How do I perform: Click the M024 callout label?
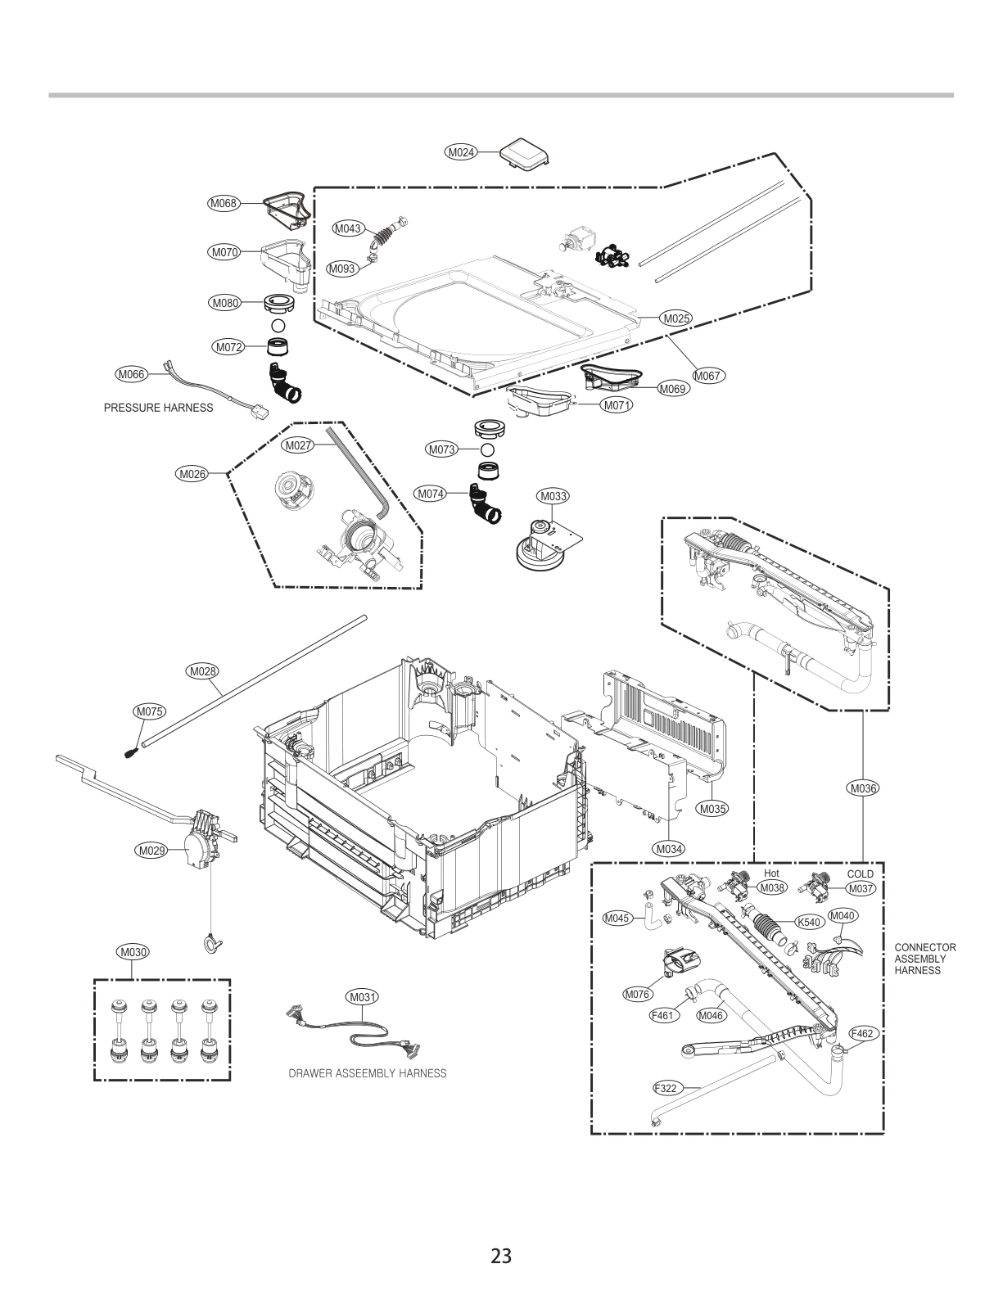coord(461,151)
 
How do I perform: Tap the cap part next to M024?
coord(526,154)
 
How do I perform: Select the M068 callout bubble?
coord(223,202)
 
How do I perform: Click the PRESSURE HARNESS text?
coord(158,408)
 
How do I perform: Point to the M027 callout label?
coord(297,446)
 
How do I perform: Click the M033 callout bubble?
coord(553,496)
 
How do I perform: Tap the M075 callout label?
coord(149,712)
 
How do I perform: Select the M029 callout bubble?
coord(151,851)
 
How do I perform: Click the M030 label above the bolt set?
coord(133,952)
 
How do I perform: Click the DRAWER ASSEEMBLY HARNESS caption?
coord(368,1073)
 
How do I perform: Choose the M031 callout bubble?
coord(361,997)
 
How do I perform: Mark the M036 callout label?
coord(863,789)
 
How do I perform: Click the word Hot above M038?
coord(771,873)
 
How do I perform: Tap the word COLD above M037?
coord(860,874)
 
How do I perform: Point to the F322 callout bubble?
coord(667,1089)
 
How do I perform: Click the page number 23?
coord(501,1255)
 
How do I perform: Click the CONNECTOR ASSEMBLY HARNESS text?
coord(924,959)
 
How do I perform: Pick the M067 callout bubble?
coord(708,376)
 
